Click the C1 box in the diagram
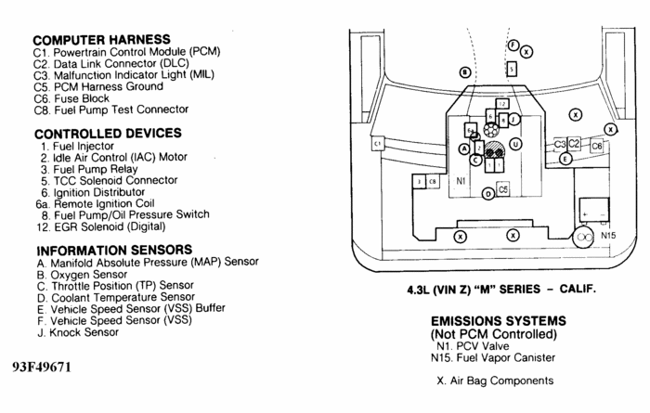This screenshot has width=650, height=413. coord(377,144)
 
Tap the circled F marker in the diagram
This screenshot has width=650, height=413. coord(513,45)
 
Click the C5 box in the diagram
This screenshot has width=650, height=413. coord(502,188)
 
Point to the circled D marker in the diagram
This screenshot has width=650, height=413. coord(488,194)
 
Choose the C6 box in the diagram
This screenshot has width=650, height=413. coord(596,146)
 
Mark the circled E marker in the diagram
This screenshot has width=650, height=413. coord(565,160)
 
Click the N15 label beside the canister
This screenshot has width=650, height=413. coord(608,236)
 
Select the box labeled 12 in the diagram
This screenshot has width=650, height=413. coord(502,104)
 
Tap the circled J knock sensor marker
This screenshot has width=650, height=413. coord(514,119)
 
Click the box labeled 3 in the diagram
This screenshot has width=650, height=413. coord(420,182)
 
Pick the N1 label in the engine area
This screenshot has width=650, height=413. coord(461,182)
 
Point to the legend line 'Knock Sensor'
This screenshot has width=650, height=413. coord(78,331)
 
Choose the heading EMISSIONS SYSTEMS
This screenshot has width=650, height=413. coord(505,321)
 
